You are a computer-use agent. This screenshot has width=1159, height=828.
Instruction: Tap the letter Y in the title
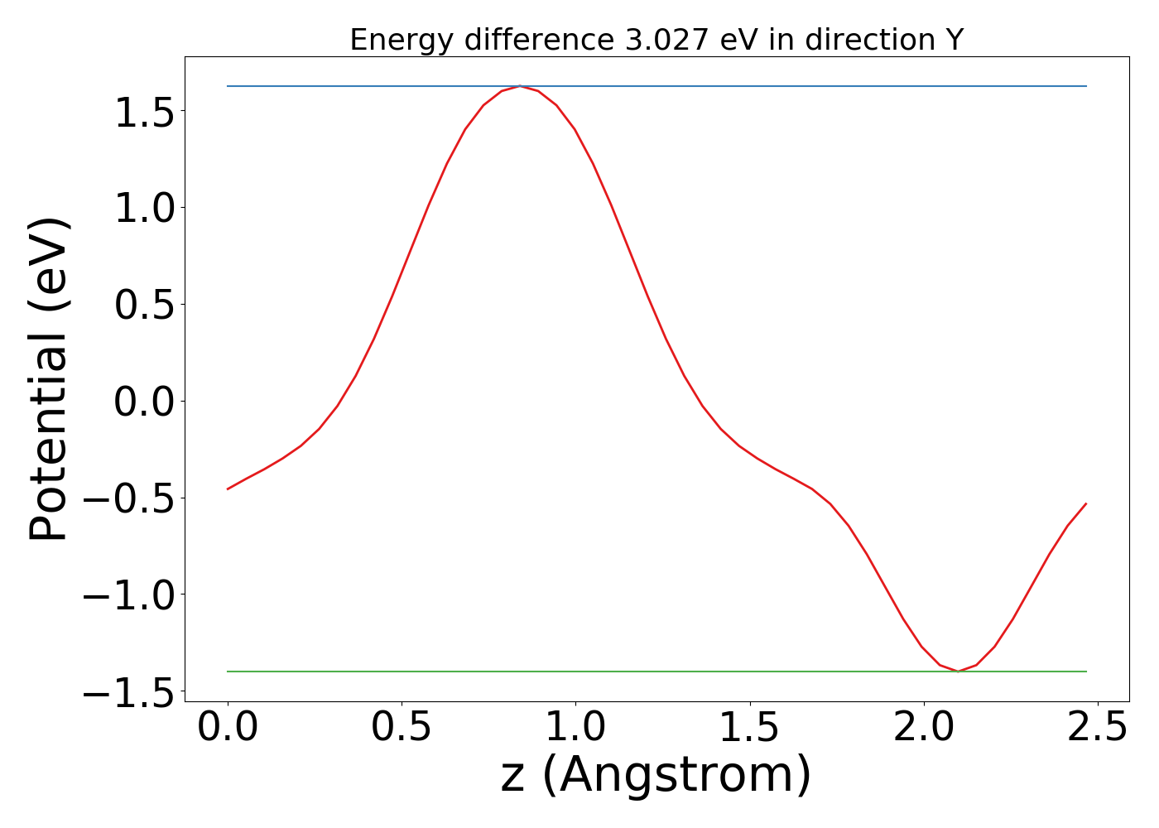pyautogui.click(x=955, y=40)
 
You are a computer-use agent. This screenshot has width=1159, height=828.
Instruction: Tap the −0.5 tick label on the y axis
pyautogui.click(x=133, y=498)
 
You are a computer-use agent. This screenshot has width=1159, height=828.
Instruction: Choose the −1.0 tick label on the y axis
pyautogui.click(x=133, y=595)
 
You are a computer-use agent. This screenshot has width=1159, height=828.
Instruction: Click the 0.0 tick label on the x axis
pyautogui.click(x=228, y=729)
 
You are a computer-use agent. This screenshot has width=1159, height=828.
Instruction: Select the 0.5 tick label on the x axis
pyautogui.click(x=402, y=729)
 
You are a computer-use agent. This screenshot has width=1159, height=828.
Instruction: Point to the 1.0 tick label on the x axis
pyautogui.click(x=575, y=729)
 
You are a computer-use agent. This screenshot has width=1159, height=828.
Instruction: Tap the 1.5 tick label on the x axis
pyautogui.click(x=749, y=729)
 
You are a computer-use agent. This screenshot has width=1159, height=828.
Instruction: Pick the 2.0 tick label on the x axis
pyautogui.click(x=923, y=729)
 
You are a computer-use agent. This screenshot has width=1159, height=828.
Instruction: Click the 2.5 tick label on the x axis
pyautogui.click(x=1097, y=729)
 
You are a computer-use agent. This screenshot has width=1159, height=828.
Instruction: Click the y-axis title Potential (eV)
pyautogui.click(x=50, y=379)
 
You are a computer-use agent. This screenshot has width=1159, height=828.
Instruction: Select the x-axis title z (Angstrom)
pyautogui.click(x=656, y=776)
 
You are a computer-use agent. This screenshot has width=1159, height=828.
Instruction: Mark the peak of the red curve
pyautogui.click(x=519, y=86)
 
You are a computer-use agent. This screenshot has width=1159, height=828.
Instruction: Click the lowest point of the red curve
pyautogui.click(x=958, y=671)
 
